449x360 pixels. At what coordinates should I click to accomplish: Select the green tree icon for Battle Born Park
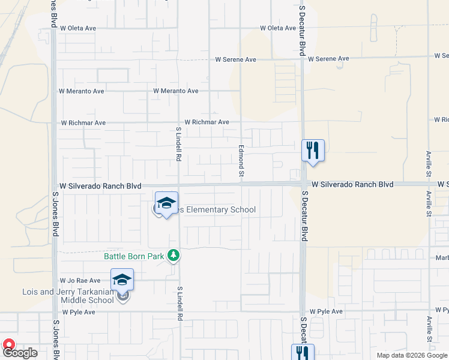click(x=173, y=256)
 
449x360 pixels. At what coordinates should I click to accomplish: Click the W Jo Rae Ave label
click(x=79, y=280)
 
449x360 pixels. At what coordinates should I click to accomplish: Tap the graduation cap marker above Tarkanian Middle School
click(x=122, y=280)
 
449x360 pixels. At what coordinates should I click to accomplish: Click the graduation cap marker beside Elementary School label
click(x=166, y=203)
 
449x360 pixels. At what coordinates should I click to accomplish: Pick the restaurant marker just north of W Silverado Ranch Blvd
click(x=312, y=150)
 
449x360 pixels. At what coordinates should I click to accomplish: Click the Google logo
click(x=21, y=353)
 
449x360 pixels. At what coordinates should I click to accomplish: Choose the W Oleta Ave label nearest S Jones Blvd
click(x=77, y=28)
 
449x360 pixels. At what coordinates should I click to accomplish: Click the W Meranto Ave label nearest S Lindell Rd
click(x=175, y=91)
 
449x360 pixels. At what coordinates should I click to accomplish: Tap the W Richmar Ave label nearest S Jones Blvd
click(x=83, y=122)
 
